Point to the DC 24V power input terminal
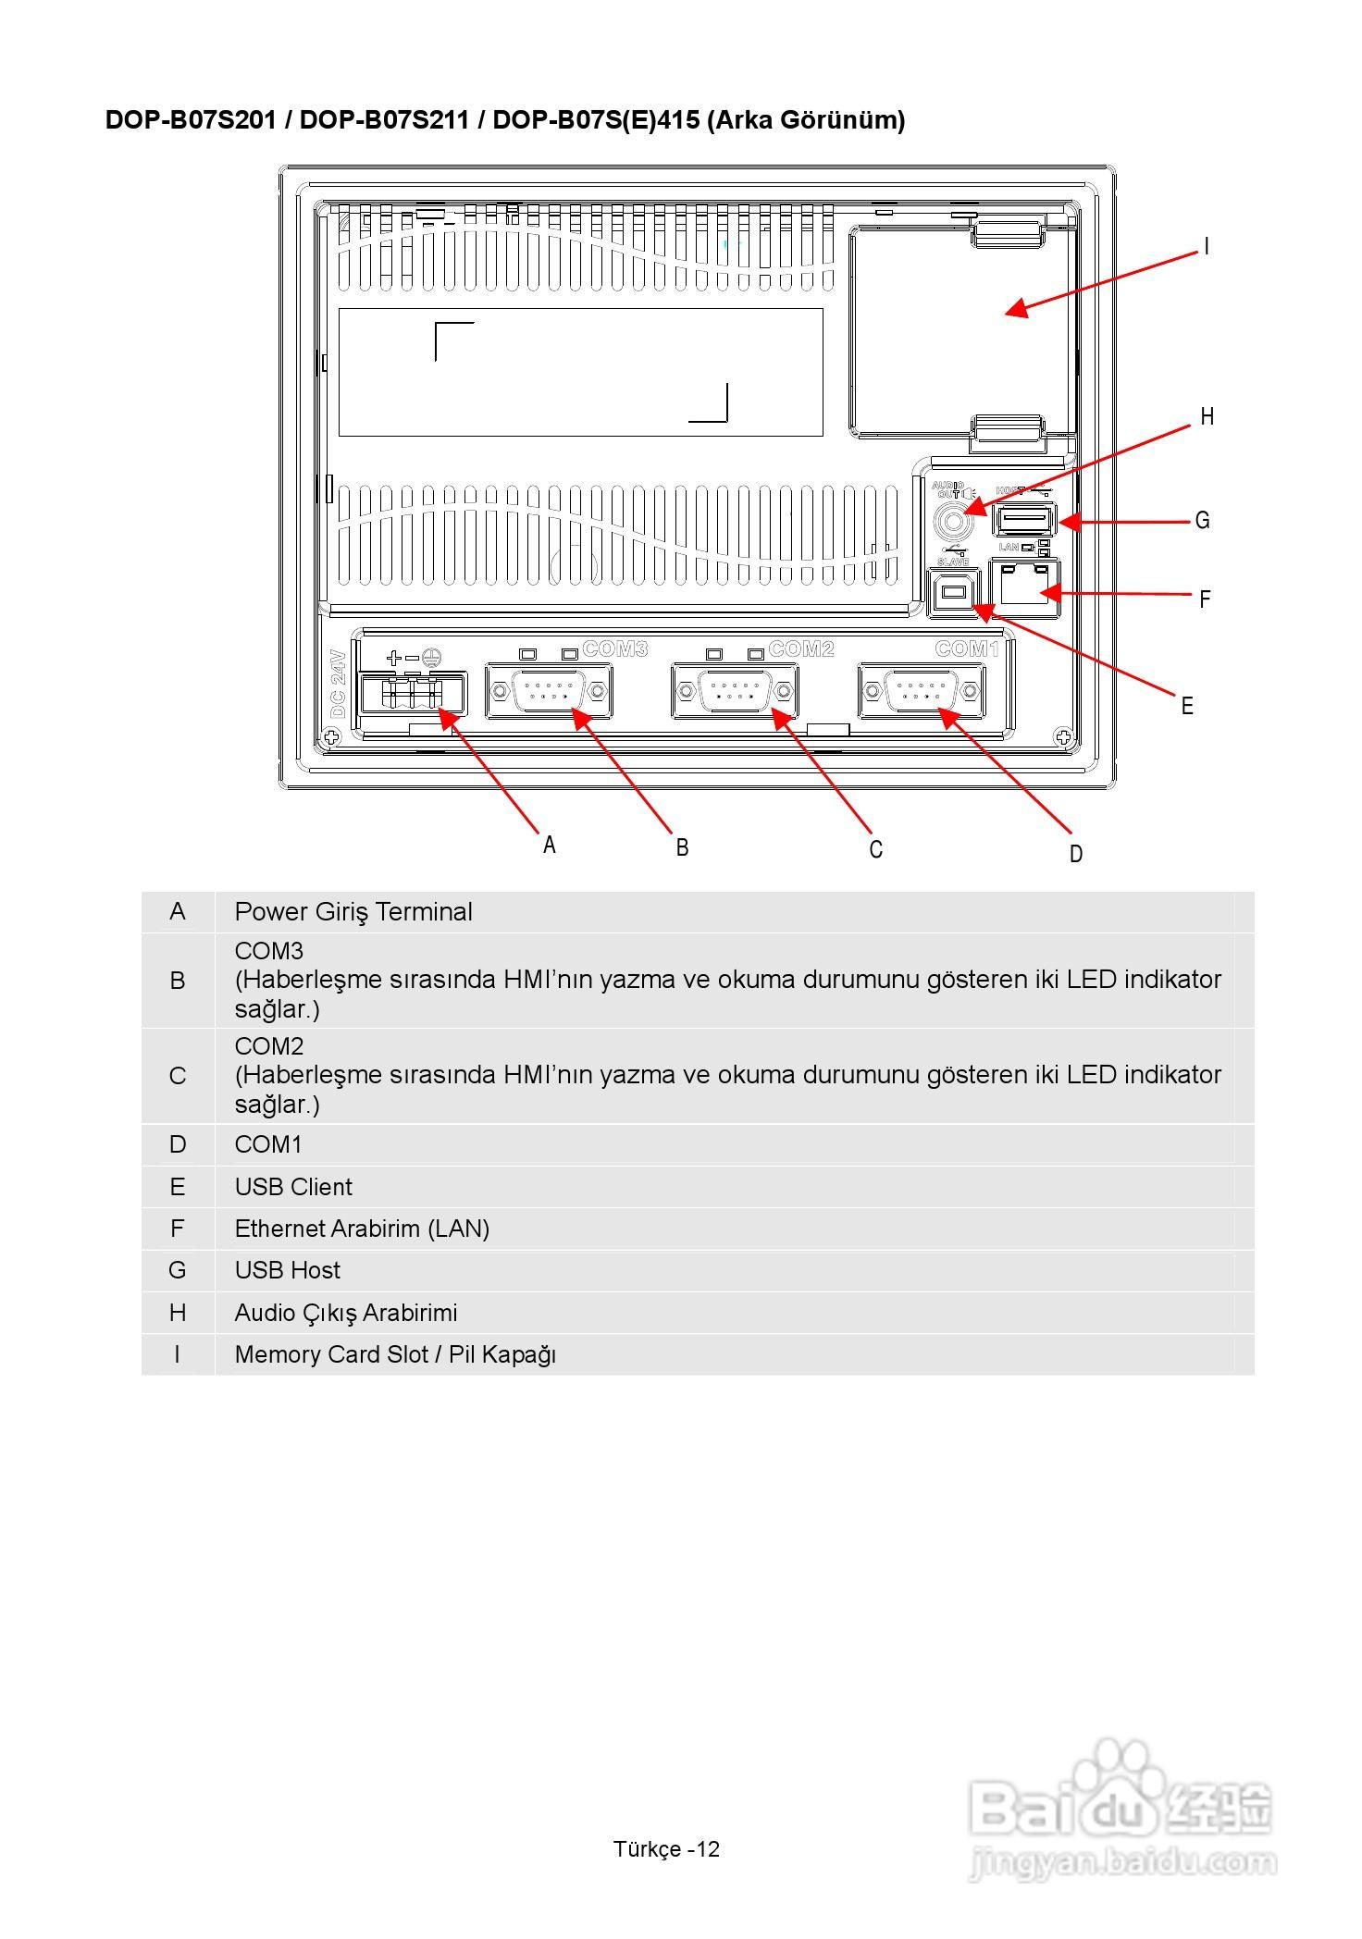pyautogui.click(x=413, y=692)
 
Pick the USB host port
pyautogui.click(x=1024, y=520)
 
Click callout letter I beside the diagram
pyautogui.click(x=1206, y=247)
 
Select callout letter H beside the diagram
pyautogui.click(x=1207, y=417)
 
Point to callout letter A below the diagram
pyautogui.click(x=550, y=845)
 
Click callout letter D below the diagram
pyautogui.click(x=1075, y=854)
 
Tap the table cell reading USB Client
pyautogui.click(x=293, y=1187)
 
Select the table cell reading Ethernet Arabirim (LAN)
pyautogui.click(x=362, y=1229)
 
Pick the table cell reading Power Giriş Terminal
pyautogui.click(x=353, y=912)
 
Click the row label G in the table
pyautogui.click(x=177, y=1270)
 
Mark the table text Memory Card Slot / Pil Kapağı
pyautogui.click(x=395, y=1355)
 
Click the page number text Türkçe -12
pyautogui.click(x=666, y=1848)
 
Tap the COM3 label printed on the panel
pyautogui.click(x=615, y=648)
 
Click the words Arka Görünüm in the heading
pyautogui.click(x=805, y=120)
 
